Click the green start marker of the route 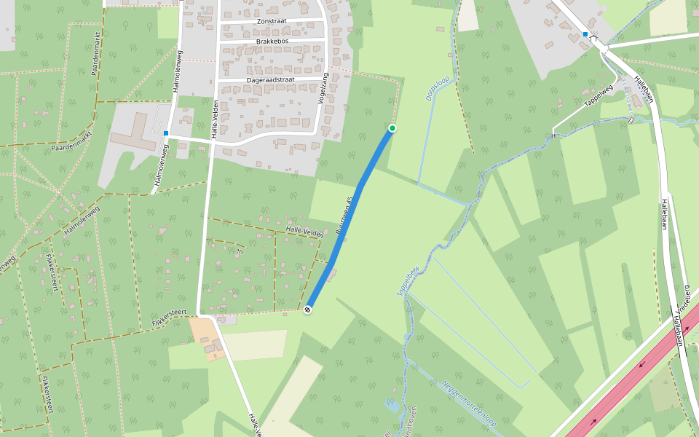pyautogui.click(x=392, y=128)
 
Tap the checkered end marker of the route pyautogui.click(x=308, y=310)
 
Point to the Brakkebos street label pyautogui.click(x=273, y=42)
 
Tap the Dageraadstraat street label pyautogui.click(x=273, y=79)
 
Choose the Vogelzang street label pyautogui.click(x=324, y=90)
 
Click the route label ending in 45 pyautogui.click(x=345, y=215)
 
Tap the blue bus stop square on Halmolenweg pyautogui.click(x=166, y=133)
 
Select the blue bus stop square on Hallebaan pyautogui.click(x=585, y=34)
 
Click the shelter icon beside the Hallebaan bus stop pyautogui.click(x=595, y=38)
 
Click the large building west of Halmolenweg pyautogui.click(x=134, y=136)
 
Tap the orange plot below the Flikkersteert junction pyautogui.click(x=205, y=339)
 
